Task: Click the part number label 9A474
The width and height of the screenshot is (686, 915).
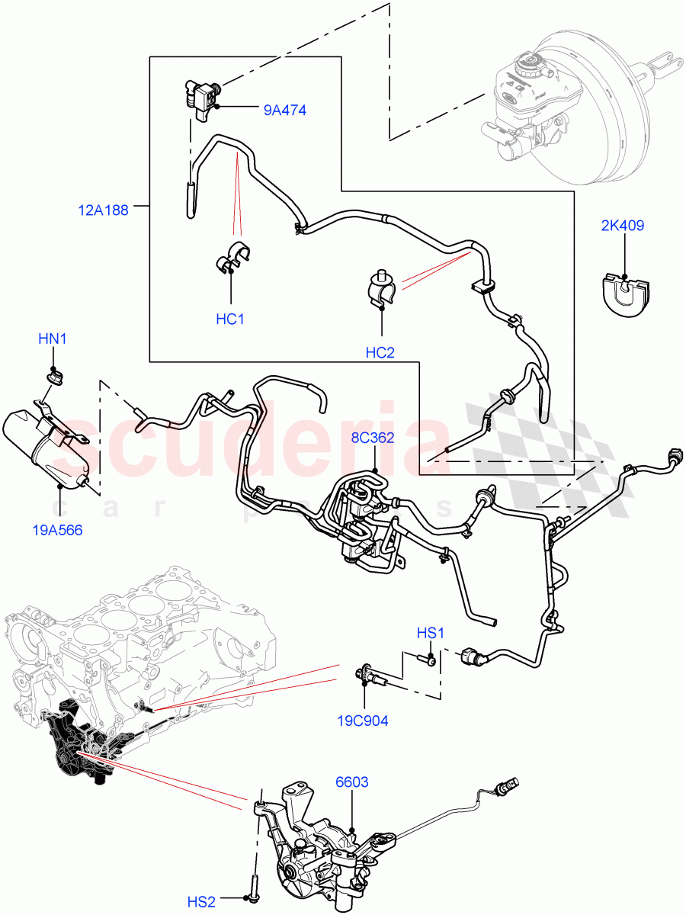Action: pyautogui.click(x=284, y=111)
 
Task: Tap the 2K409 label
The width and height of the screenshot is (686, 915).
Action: pyautogui.click(x=621, y=226)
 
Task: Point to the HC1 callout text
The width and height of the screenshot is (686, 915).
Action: pyautogui.click(x=229, y=319)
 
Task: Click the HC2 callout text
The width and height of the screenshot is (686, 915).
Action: pyautogui.click(x=380, y=352)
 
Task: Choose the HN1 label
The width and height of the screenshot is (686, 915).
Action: pyautogui.click(x=53, y=339)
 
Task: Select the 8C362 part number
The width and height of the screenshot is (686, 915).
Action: pyautogui.click(x=373, y=438)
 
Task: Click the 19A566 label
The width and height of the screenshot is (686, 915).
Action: pyautogui.click(x=58, y=530)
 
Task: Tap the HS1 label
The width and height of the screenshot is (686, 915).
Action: pyautogui.click(x=431, y=633)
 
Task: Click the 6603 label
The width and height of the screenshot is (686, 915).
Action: pyautogui.click(x=351, y=782)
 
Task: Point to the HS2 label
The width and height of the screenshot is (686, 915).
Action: pyautogui.click(x=202, y=902)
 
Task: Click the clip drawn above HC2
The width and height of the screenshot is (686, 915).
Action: pyautogui.click(x=381, y=290)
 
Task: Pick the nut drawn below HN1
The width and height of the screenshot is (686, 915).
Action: pyautogui.click(x=54, y=375)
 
